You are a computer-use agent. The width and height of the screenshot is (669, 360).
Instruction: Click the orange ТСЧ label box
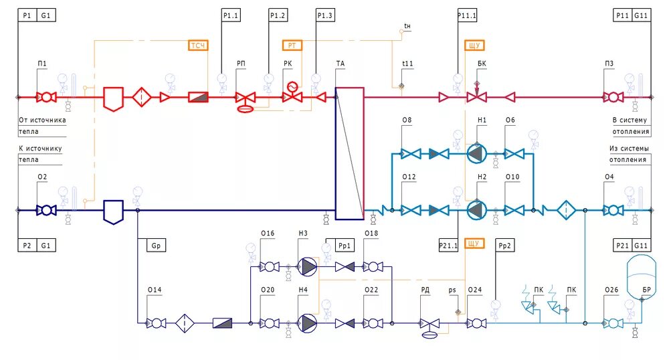point(198,46)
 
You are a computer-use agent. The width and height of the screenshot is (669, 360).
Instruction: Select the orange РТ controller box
point(292,46)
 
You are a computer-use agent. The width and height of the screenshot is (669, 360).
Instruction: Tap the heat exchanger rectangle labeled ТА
point(349,153)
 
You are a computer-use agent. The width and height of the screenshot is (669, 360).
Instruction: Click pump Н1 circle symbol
point(476,154)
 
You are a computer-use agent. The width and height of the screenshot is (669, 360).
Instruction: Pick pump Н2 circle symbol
point(476,209)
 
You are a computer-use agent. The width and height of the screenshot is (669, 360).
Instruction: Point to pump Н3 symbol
point(308,266)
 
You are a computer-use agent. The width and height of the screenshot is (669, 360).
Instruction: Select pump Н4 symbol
point(308,323)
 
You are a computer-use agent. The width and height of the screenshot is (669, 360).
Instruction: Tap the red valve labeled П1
point(45,97)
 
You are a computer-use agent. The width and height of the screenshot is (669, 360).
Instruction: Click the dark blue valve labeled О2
point(45,210)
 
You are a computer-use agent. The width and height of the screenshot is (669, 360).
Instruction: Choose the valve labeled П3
point(611,97)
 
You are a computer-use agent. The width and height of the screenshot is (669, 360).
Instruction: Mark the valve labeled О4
point(611,209)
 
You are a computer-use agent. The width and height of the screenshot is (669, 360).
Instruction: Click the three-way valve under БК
point(476,98)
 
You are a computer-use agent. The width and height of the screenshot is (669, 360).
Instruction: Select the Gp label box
point(155,245)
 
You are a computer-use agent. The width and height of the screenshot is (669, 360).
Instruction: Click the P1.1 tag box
point(231,15)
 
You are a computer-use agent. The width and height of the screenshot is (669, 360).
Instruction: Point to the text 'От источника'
point(42,120)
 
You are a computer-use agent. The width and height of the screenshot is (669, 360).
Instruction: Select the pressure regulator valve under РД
point(427,323)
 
